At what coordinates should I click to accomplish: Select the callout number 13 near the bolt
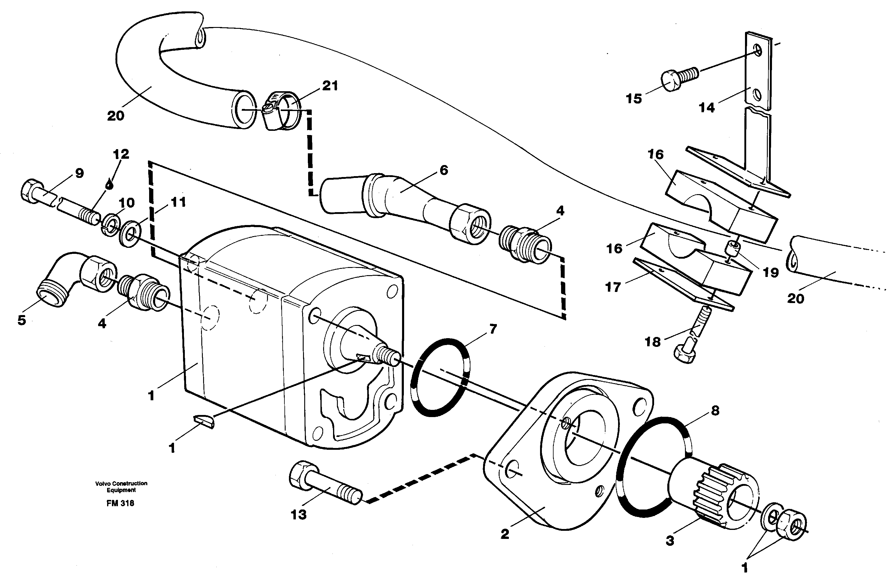point(299,515)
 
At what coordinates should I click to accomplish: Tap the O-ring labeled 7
point(440,377)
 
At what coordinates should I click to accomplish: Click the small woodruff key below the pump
point(204,421)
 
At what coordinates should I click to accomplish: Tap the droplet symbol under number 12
point(109,184)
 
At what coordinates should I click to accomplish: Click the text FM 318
point(120,503)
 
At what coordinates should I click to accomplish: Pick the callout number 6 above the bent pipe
point(443,171)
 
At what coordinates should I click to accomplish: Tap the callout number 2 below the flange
point(505,534)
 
